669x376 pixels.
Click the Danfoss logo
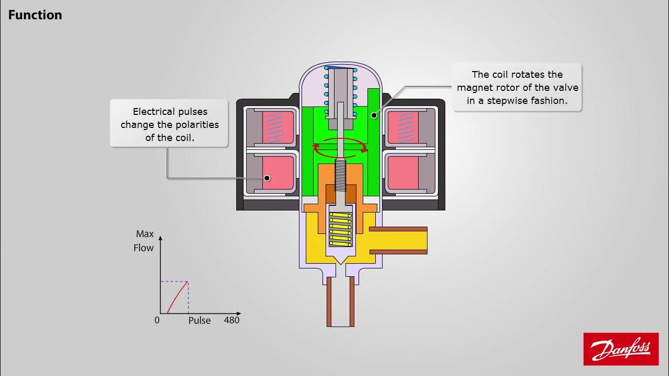click(x=621, y=349)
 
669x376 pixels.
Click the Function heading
click(x=35, y=15)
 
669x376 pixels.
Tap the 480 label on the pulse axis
click(x=232, y=320)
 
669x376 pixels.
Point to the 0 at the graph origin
click(x=157, y=320)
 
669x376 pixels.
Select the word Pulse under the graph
click(x=199, y=321)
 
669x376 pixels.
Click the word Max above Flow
click(x=145, y=234)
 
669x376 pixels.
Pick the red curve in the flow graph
click(x=178, y=296)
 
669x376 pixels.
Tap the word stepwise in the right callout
click(x=512, y=101)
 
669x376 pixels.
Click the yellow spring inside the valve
click(x=340, y=225)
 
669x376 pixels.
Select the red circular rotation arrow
click(x=340, y=148)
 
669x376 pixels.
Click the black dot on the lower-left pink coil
click(x=267, y=178)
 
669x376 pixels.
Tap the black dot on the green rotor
click(x=373, y=115)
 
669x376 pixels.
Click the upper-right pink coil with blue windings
click(x=403, y=128)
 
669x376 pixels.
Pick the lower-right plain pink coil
click(x=402, y=173)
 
